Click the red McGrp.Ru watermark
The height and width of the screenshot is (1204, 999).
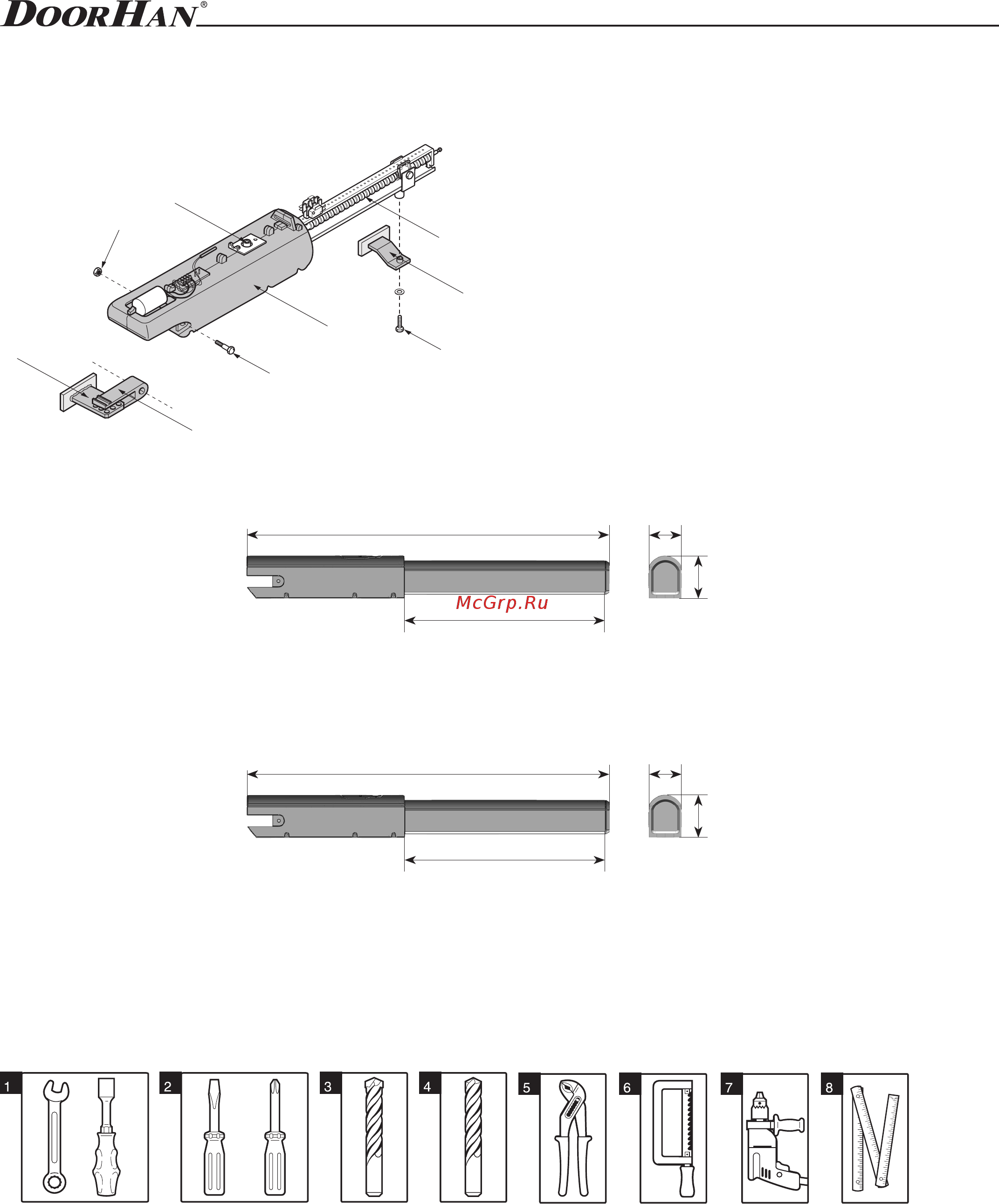[502, 602]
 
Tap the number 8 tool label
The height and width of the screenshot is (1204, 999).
[829, 1087]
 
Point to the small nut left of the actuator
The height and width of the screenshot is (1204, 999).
[97, 271]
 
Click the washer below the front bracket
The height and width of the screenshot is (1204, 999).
[400, 292]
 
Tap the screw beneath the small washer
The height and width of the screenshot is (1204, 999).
[400, 324]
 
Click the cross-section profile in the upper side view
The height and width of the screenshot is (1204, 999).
[665, 577]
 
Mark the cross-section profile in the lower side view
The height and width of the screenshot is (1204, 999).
[665, 817]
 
